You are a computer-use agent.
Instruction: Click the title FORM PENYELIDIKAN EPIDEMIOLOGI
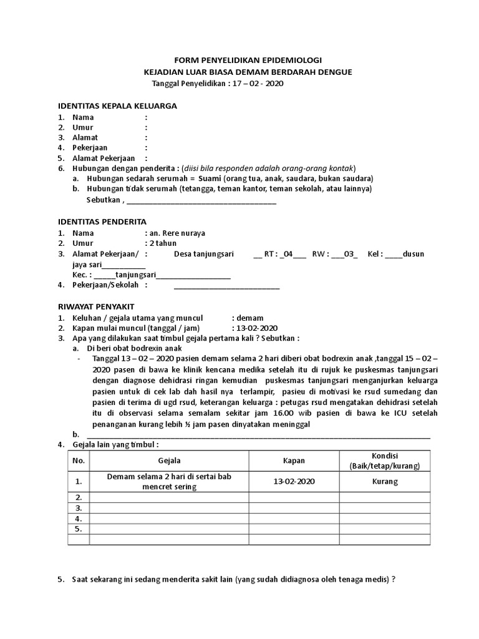tap(248, 61)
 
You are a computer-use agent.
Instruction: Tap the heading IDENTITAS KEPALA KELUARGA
tap(117, 105)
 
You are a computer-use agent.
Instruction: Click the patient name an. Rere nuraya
tap(177, 233)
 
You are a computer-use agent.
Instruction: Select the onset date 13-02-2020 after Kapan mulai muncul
tap(256, 328)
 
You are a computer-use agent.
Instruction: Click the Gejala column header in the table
tap(169, 461)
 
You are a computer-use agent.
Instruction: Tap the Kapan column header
tap(294, 461)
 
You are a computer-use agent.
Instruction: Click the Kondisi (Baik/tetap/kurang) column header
tap(385, 461)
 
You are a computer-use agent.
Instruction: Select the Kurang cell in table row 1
tap(385, 482)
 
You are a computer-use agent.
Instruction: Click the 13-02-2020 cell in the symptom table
tap(294, 482)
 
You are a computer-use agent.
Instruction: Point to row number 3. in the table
tap(79, 508)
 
